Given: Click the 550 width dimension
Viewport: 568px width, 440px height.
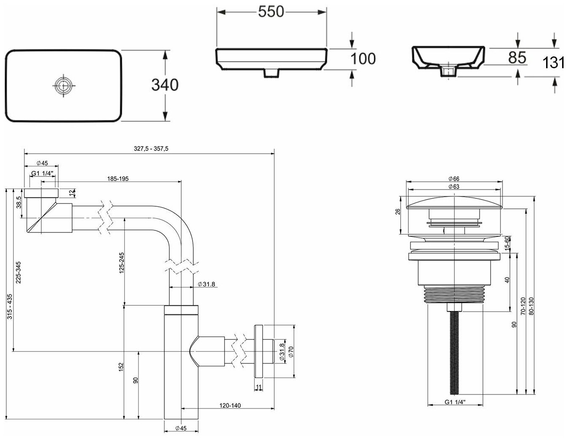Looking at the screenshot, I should click(271, 12).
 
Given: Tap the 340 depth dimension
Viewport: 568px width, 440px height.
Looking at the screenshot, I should click(165, 85).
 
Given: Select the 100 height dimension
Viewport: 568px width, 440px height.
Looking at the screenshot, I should click(363, 59).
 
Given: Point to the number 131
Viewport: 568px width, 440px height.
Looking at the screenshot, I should click(553, 63).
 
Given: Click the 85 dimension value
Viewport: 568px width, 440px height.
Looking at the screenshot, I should click(517, 58).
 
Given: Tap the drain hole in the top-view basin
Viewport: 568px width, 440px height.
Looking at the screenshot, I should click(63, 85).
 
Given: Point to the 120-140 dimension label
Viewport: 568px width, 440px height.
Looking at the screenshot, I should click(230, 405).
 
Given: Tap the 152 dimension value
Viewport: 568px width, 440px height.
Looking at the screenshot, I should click(121, 367).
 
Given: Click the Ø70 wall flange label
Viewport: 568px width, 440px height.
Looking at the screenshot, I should click(291, 350).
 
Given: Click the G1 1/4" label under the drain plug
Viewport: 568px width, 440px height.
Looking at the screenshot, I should click(455, 402).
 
